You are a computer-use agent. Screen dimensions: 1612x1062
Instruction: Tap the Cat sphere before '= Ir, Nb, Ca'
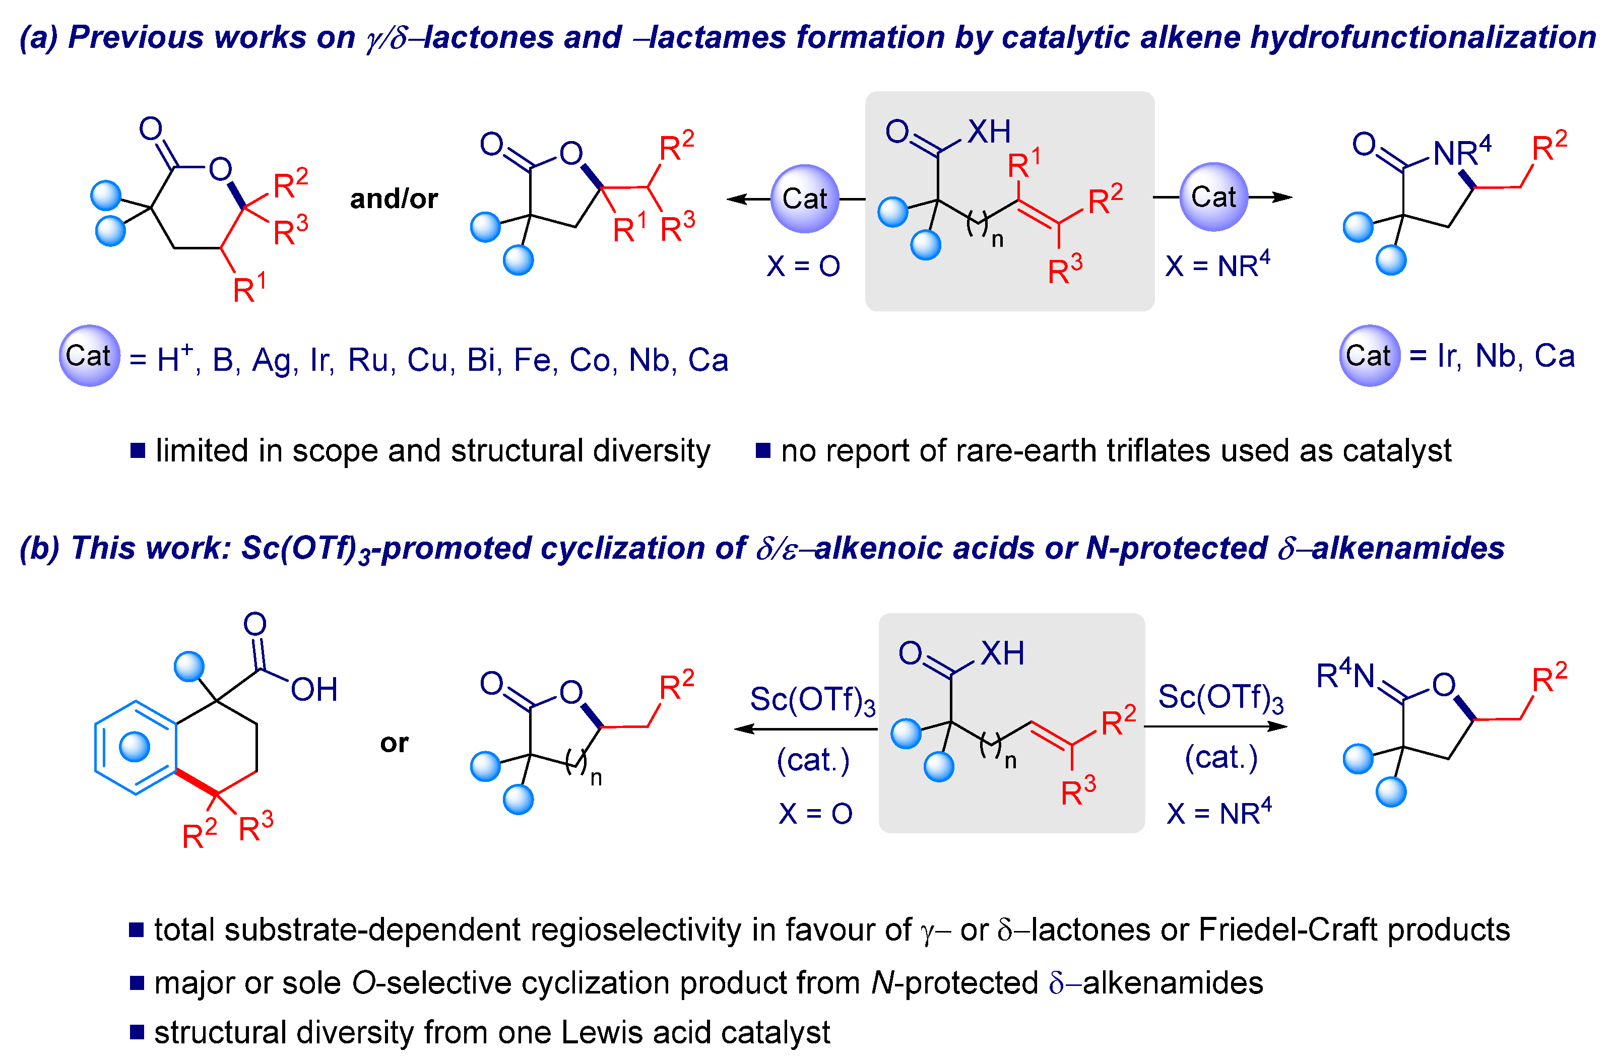click(x=1369, y=356)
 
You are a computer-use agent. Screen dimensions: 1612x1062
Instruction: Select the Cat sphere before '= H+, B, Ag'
click(x=89, y=356)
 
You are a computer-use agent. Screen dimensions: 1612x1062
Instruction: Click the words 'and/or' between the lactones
click(x=394, y=199)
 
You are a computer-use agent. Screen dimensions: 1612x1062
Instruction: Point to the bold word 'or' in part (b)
click(x=394, y=743)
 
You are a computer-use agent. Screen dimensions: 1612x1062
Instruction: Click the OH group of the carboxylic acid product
click(x=313, y=690)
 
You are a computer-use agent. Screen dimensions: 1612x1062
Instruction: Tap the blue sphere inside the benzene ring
click(x=134, y=747)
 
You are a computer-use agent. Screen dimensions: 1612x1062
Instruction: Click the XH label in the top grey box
click(x=988, y=131)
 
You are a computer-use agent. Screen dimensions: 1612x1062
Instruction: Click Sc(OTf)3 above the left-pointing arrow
click(x=812, y=700)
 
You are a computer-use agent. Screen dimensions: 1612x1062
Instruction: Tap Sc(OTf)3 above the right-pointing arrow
click(x=1220, y=698)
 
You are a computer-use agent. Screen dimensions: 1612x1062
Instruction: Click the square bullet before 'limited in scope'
click(x=138, y=450)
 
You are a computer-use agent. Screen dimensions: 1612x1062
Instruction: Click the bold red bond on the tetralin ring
click(x=197, y=781)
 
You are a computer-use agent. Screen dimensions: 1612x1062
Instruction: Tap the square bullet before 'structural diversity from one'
click(x=137, y=1032)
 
